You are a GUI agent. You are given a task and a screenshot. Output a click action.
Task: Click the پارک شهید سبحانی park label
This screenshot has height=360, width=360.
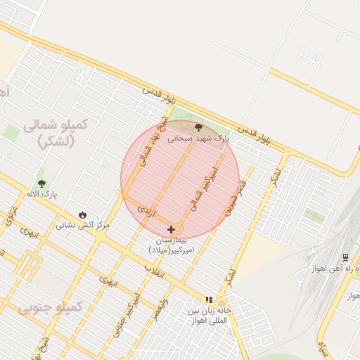coord(198,139)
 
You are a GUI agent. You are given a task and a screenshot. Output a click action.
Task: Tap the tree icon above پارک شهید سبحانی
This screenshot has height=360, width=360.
coord(198,127)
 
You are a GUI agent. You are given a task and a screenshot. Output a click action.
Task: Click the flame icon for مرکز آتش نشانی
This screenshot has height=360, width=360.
coord(83,214)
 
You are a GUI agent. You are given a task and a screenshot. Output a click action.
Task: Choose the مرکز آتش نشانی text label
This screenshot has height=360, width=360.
coord(83,226)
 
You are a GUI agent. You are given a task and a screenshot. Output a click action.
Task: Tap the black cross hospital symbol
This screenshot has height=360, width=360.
coord(171,229)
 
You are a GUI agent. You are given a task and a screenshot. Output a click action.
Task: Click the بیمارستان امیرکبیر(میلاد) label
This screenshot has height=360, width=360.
coord(175,245)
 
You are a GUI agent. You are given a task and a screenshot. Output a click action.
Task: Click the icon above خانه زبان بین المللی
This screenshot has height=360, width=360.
coord(208,299)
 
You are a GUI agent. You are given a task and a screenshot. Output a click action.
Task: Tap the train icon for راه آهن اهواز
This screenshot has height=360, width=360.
coord(345,258)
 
